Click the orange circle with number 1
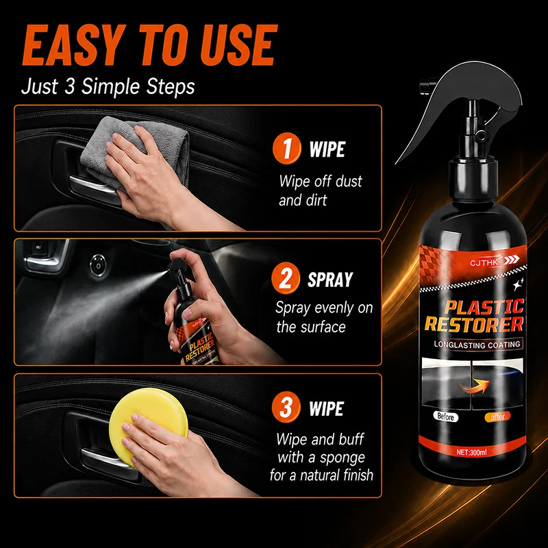coord(286,148)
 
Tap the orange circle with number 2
coord(286,279)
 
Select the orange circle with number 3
coord(286,407)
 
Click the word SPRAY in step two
coord(330,279)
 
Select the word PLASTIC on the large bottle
coord(484,307)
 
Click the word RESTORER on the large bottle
coord(474,324)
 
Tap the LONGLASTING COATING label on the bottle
coord(477,345)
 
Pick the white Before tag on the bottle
coord(445,416)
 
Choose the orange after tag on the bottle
coord(497,416)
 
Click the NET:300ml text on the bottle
coord(471,452)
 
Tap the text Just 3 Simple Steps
coord(108,86)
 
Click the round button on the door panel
coord(98,265)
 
